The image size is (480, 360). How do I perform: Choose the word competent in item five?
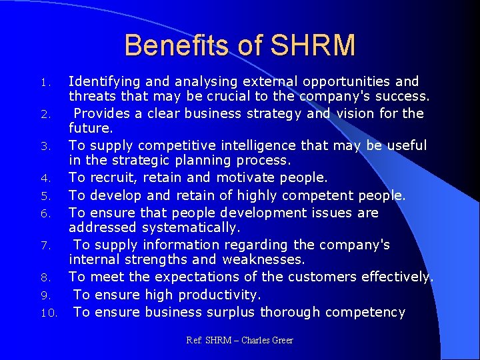coord(317,195)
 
